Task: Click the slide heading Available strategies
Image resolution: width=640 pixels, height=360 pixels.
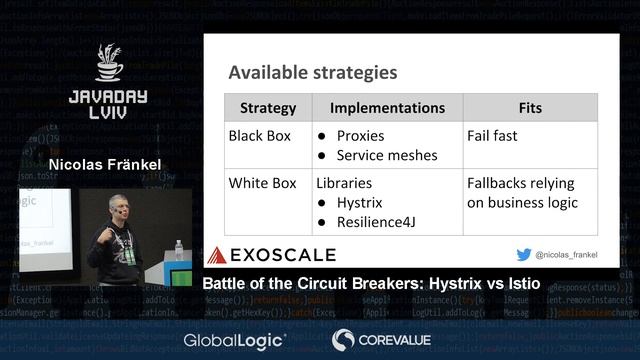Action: (312, 73)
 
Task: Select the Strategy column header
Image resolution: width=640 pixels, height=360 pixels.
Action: (268, 108)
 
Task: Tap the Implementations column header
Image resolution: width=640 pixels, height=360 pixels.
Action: (387, 108)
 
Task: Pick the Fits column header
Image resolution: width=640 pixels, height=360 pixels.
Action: (530, 108)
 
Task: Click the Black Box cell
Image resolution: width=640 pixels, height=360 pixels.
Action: (260, 135)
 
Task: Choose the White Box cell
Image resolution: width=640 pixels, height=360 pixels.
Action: (262, 183)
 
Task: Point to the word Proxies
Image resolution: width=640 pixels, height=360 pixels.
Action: (360, 135)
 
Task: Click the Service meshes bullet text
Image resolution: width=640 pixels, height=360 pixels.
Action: (387, 155)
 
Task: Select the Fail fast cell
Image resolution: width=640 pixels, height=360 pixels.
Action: (492, 135)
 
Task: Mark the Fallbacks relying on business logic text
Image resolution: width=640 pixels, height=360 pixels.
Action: (522, 193)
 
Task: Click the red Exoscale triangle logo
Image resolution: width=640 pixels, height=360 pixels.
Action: (216, 255)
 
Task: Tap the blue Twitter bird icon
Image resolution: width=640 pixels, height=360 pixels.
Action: (523, 255)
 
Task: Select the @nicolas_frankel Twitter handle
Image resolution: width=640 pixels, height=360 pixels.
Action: (566, 255)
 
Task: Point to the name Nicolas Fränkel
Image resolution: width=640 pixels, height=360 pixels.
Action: (105, 164)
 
